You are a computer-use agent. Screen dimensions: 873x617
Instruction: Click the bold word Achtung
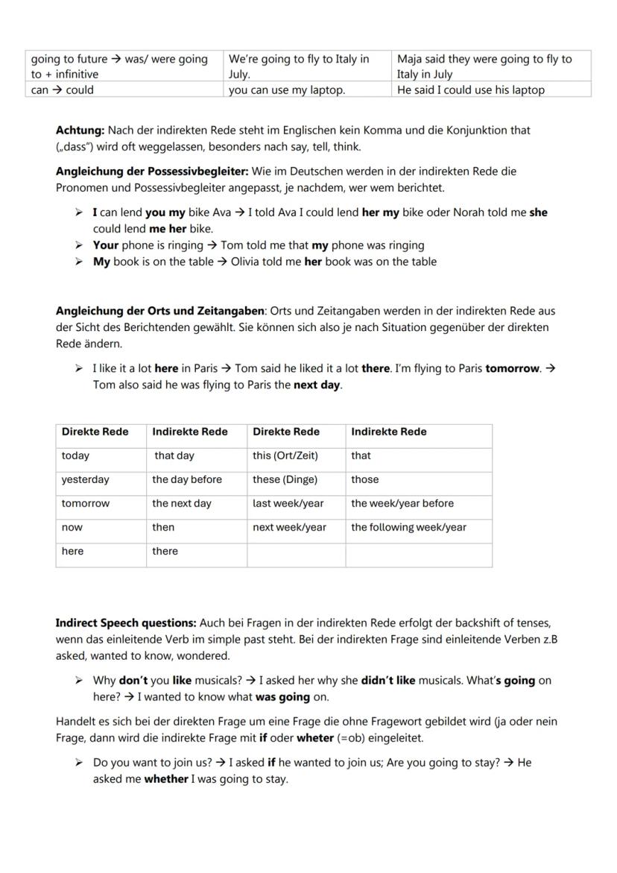(75, 130)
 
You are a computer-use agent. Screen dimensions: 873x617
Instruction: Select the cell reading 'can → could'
(63, 90)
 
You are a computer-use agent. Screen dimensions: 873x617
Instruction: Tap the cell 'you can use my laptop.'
(287, 90)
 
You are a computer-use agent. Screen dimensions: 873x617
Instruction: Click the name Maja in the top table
(410, 59)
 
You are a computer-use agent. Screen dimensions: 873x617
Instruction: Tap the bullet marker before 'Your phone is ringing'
(79, 245)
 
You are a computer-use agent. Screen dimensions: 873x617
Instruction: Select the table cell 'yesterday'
(85, 479)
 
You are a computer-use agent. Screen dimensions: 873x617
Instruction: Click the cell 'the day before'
(187, 479)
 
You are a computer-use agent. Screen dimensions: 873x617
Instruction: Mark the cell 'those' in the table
(365, 479)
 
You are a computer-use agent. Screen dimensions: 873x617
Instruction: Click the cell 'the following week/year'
(408, 527)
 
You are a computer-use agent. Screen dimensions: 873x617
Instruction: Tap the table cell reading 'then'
(163, 527)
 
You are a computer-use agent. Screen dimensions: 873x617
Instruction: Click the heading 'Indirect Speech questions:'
(126, 623)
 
